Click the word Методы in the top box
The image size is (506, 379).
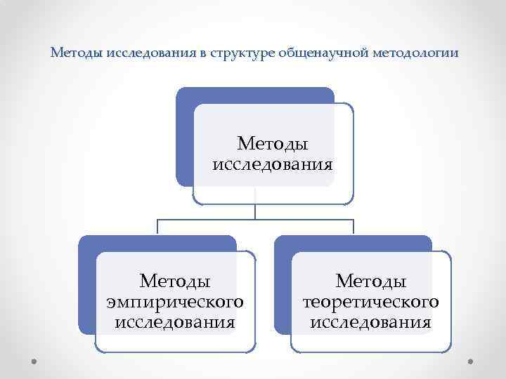pos(273,144)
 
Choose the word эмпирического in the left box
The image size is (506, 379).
pos(175,302)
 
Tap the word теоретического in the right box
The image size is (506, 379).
pos(370,302)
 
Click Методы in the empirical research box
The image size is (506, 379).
pos(175,281)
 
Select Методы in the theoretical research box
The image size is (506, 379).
pos(370,281)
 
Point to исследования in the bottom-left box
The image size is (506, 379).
pos(175,323)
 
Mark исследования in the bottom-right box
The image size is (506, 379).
pos(370,323)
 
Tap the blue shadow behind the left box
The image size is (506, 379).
pos(86,288)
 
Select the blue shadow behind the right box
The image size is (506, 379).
pos(282,288)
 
